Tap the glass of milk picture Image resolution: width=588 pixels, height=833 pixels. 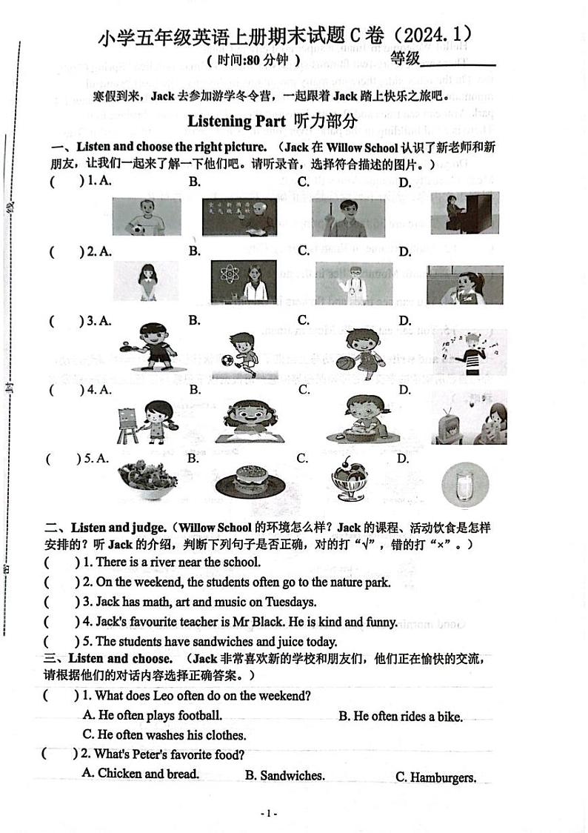(464, 485)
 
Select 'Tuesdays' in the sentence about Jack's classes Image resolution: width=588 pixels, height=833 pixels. (291, 603)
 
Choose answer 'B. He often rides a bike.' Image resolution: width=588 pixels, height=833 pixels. (401, 717)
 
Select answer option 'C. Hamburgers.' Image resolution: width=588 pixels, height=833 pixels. (435, 777)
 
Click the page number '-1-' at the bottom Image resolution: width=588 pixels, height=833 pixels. (270, 813)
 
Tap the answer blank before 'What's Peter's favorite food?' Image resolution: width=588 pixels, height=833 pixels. (59, 754)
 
